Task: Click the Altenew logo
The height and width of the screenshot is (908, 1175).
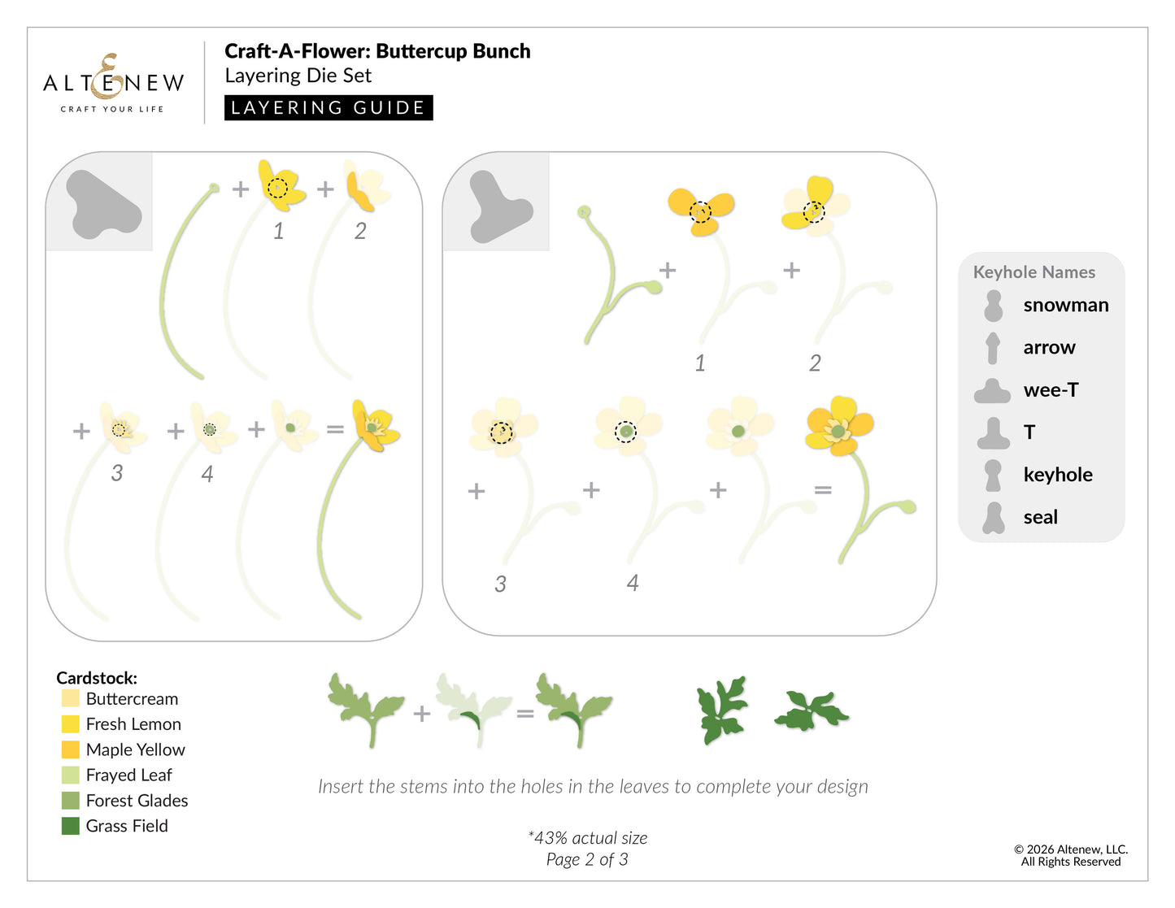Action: (x=113, y=83)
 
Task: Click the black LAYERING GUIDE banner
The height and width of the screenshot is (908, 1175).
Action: (x=329, y=107)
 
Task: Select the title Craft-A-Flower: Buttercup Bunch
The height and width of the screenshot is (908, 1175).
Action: (x=377, y=51)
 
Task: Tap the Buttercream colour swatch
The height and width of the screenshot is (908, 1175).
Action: (x=71, y=699)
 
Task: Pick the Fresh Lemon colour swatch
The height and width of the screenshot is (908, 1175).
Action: (x=71, y=724)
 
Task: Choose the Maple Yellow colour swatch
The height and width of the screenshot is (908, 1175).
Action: (x=71, y=749)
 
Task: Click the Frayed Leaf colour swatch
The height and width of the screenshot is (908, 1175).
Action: (x=71, y=775)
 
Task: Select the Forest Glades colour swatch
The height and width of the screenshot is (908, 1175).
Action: (x=71, y=801)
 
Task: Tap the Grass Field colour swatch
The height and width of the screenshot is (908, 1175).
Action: (x=71, y=826)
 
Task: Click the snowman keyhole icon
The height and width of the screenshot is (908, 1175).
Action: (x=993, y=306)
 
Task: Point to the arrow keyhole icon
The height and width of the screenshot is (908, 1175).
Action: (x=993, y=348)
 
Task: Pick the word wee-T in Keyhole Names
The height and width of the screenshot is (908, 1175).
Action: (x=1051, y=390)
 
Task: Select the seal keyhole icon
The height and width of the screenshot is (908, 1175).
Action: (x=993, y=517)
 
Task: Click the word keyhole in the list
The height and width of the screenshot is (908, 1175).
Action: (x=1057, y=475)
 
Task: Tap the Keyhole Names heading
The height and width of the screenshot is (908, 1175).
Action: (x=1034, y=272)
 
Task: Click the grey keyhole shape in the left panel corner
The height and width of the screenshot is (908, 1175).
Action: (x=102, y=204)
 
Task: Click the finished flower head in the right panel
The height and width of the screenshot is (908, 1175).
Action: (x=838, y=426)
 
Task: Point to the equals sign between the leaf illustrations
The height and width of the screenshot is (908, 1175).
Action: (x=524, y=714)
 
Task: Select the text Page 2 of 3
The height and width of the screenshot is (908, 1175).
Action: (x=586, y=859)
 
